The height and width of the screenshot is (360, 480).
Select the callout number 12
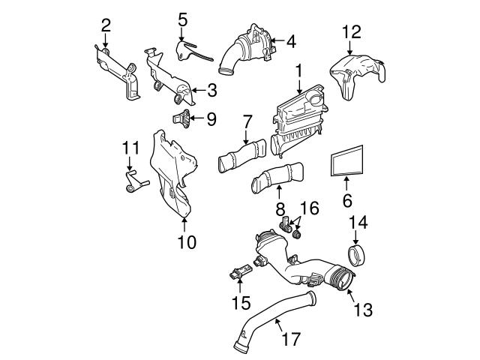pyautogui.click(x=351, y=31)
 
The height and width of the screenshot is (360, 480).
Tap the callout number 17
pyautogui.click(x=291, y=339)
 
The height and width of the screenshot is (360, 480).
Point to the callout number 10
pyautogui.click(x=186, y=241)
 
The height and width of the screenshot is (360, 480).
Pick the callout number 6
pyautogui.click(x=346, y=201)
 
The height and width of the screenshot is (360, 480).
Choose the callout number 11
pyautogui.click(x=131, y=148)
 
